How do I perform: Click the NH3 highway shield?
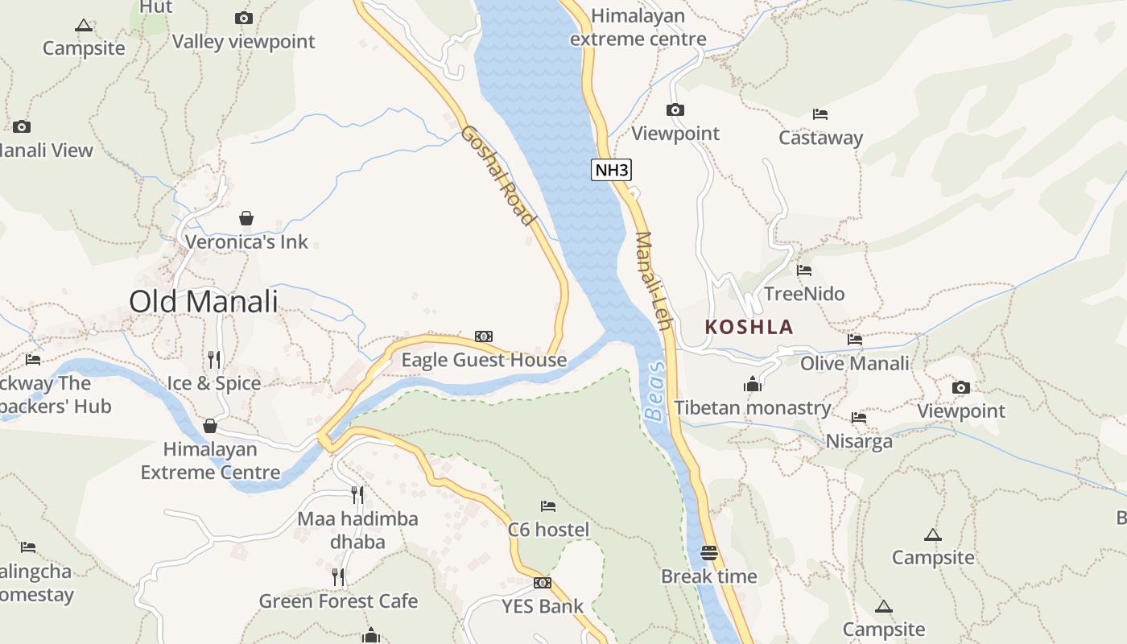click(x=611, y=170)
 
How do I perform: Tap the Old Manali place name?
click(x=204, y=302)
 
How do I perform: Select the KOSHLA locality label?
click(x=749, y=327)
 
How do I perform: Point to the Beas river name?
click(x=656, y=391)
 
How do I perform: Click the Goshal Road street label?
click(x=497, y=175)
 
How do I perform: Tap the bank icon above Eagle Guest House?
click(x=484, y=336)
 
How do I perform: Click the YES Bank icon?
click(x=543, y=583)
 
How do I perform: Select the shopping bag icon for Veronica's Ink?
click(x=246, y=218)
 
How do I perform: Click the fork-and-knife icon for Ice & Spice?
click(x=214, y=359)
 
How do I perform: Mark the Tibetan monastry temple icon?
click(x=753, y=384)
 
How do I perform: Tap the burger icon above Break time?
click(x=709, y=553)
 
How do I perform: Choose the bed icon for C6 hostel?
click(x=548, y=506)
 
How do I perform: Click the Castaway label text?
click(x=820, y=138)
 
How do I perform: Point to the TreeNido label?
click(x=804, y=294)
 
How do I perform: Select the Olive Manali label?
click(x=855, y=363)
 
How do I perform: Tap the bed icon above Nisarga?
click(x=859, y=418)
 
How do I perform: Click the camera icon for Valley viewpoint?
click(x=244, y=18)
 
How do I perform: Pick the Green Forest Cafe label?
click(x=338, y=601)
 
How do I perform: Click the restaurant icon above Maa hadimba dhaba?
click(x=357, y=495)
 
